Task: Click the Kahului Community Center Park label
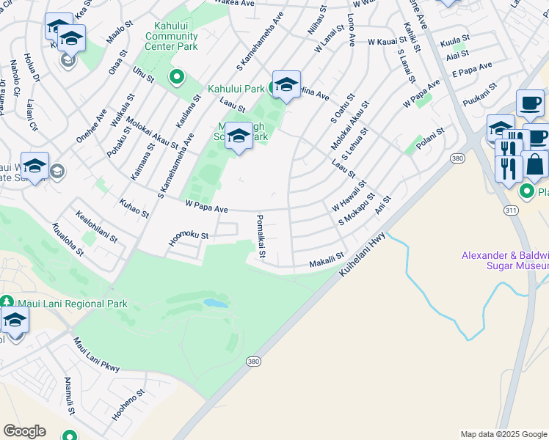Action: pos(167,36)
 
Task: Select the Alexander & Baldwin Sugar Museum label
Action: pos(504,260)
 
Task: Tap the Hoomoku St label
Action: pos(189,235)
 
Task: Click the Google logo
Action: pos(24,431)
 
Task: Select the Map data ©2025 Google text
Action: pos(503,434)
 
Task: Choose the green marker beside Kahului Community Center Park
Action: pos(176,76)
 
